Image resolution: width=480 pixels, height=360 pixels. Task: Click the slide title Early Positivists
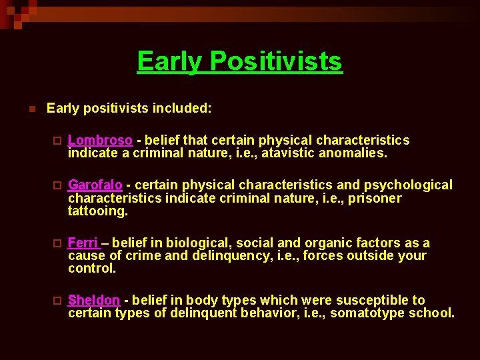[x=239, y=61]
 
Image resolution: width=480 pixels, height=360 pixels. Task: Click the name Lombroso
[x=100, y=141]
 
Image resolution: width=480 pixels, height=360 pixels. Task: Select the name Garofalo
[x=95, y=185]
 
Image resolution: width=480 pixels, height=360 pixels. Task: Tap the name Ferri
[x=83, y=243]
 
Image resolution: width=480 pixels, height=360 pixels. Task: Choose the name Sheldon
[x=94, y=301]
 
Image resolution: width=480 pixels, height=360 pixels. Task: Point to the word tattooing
[x=97, y=211]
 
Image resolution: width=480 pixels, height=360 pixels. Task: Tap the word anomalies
[x=354, y=153]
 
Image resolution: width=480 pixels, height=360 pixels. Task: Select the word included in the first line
[x=183, y=108]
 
